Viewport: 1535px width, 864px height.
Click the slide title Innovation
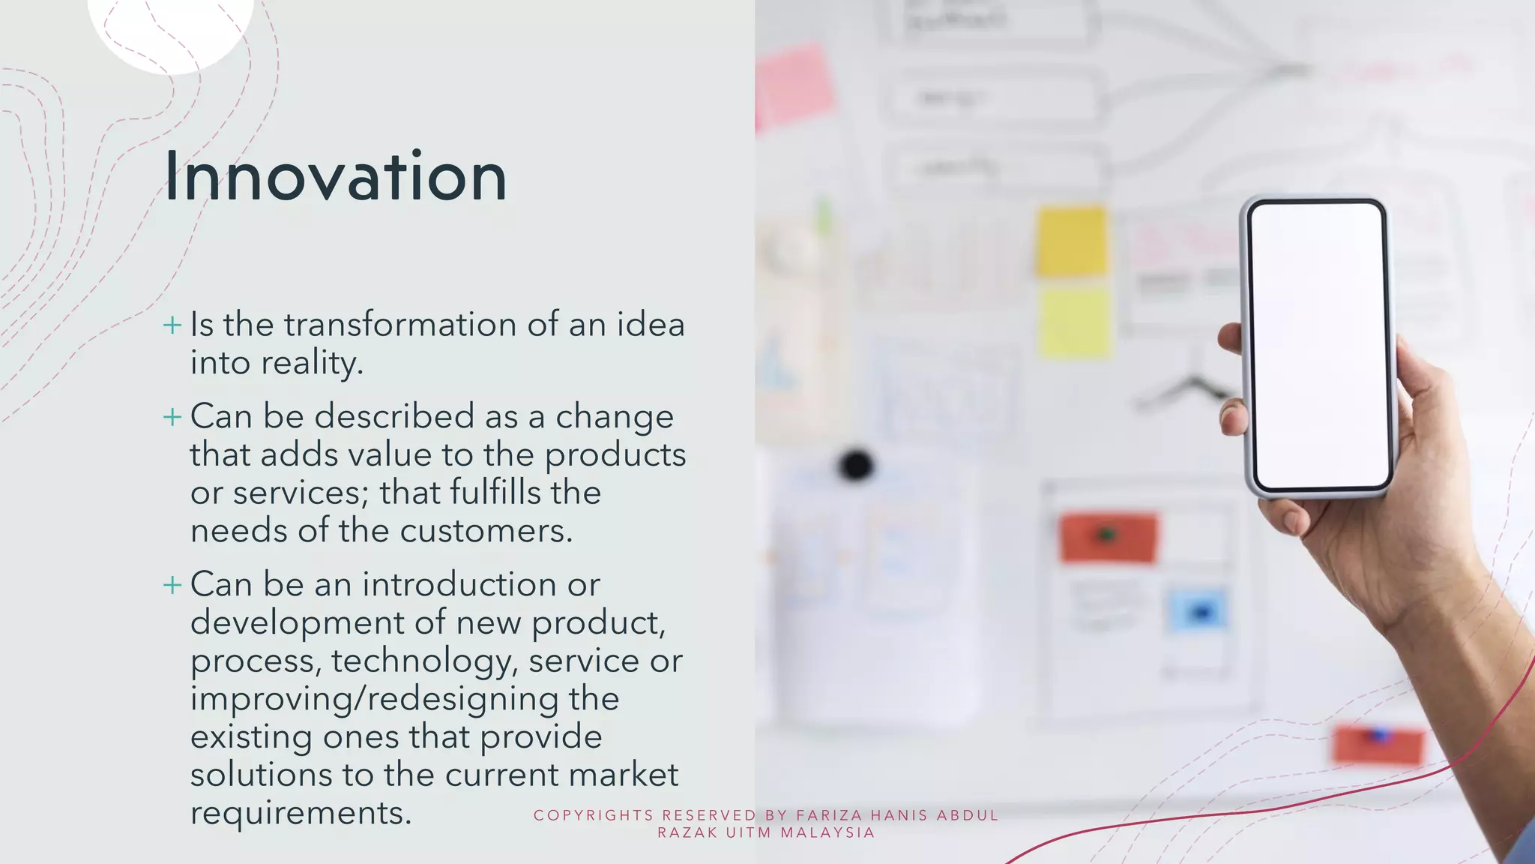[335, 177]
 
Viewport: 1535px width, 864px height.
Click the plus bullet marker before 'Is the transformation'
[172, 325]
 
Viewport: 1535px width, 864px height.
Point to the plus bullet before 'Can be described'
[172, 417]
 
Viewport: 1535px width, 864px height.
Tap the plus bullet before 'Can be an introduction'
[172, 585]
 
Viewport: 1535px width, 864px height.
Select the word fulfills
[495, 493]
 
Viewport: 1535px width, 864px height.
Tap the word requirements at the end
[301, 814]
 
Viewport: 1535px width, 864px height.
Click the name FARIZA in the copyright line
[829, 816]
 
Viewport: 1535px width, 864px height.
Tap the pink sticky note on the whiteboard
[794, 84]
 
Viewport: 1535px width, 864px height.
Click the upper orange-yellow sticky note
[1072, 241]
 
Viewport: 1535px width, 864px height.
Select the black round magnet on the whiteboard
[856, 465]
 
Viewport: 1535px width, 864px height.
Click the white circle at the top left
[171, 30]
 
